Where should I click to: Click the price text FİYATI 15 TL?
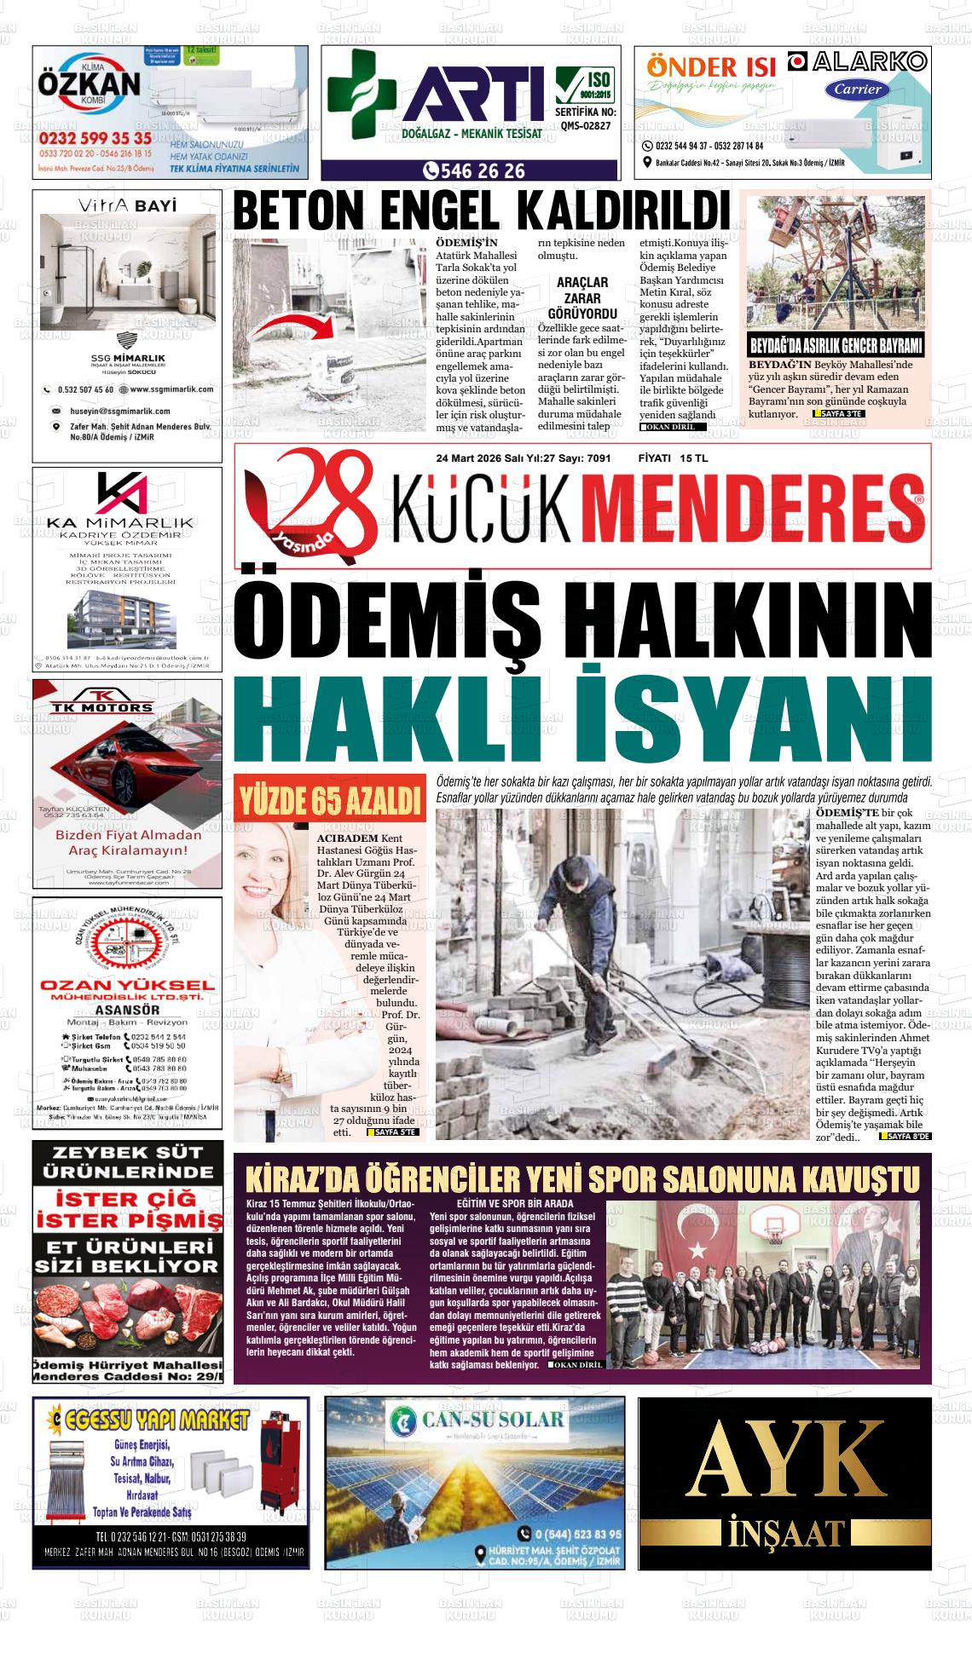click(x=673, y=458)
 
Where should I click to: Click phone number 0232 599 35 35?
click(x=95, y=139)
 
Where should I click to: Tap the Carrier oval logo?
click(x=857, y=89)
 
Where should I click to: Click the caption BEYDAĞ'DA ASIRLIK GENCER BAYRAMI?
click(x=835, y=347)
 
